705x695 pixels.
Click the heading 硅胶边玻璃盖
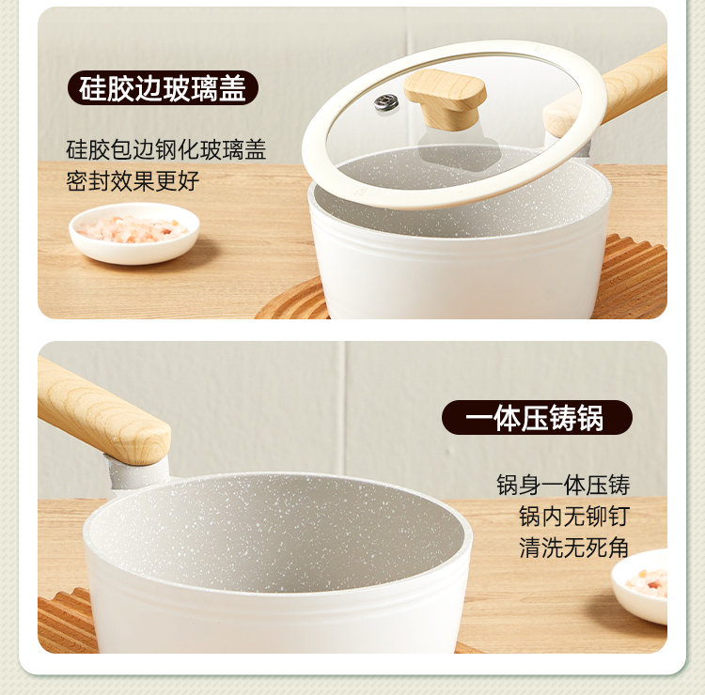click(x=163, y=88)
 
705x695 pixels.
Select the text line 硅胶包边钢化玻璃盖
click(x=165, y=149)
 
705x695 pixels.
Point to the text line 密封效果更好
click(x=133, y=181)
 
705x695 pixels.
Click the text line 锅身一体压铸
click(x=563, y=485)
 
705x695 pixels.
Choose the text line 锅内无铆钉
click(x=574, y=517)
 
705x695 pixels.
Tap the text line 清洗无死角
click(x=574, y=548)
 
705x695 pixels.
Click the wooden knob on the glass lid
click(x=445, y=99)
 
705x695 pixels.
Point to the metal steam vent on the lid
click(x=386, y=102)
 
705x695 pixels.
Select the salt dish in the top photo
click(x=134, y=233)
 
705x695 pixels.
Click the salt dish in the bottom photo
click(x=640, y=586)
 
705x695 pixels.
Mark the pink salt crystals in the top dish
click(x=133, y=229)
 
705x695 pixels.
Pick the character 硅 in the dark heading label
click(x=92, y=88)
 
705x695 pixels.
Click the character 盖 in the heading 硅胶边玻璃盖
click(x=233, y=88)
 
